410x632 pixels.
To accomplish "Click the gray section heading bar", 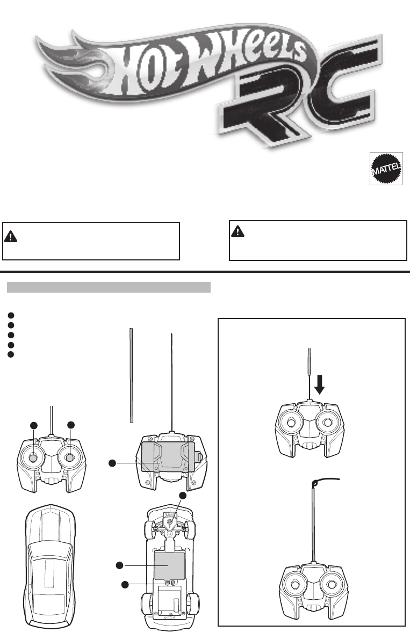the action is pos(108,287).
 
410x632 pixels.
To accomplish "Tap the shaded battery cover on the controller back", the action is pos(167,457).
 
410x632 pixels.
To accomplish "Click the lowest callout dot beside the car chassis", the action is pos(125,584).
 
